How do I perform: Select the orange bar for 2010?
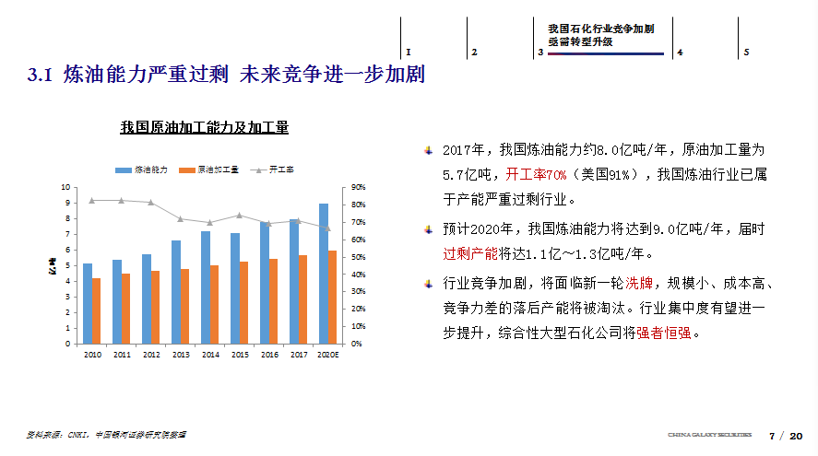[96, 310]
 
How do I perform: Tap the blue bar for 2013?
[176, 292]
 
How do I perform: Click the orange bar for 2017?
[302, 299]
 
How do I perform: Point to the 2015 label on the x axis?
[239, 354]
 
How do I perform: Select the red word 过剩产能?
[470, 253]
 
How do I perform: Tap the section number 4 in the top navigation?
[680, 53]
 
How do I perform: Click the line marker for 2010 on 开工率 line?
[91, 200]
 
